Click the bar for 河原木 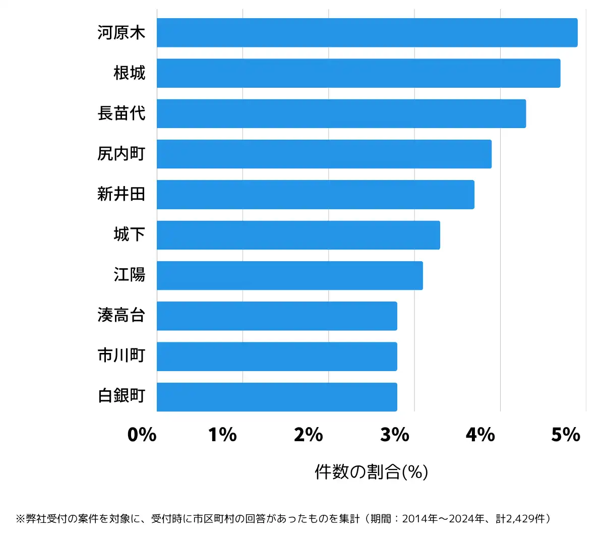coord(367,33)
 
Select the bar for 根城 coord(358,73)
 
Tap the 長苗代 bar coord(341,113)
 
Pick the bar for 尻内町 coord(324,154)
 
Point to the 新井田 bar coord(316,195)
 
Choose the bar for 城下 coord(298,235)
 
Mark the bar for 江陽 coord(290,275)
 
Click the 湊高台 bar coord(277,316)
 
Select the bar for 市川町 coord(277,356)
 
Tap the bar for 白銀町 coord(277,397)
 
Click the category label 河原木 coord(122,33)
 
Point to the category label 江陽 coord(130,275)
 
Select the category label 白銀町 coord(122,397)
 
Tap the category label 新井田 coord(122,195)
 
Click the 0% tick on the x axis coord(142,435)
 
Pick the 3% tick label coord(395,435)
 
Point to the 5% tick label coord(566,435)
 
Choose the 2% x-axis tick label coord(309,435)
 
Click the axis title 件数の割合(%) coord(372,472)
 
